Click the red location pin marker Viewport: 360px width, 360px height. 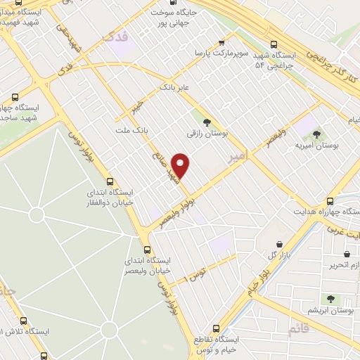[181, 165]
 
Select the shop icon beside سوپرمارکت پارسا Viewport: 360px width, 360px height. [222, 43]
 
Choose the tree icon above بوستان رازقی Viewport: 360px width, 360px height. [206, 122]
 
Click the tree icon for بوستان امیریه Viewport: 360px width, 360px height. [316, 134]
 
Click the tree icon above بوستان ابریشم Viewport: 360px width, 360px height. [330, 299]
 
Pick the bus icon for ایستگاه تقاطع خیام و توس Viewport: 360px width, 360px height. [216, 328]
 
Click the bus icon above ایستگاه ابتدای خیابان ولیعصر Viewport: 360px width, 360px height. [147, 249]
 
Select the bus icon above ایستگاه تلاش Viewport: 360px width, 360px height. [24, 320]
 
